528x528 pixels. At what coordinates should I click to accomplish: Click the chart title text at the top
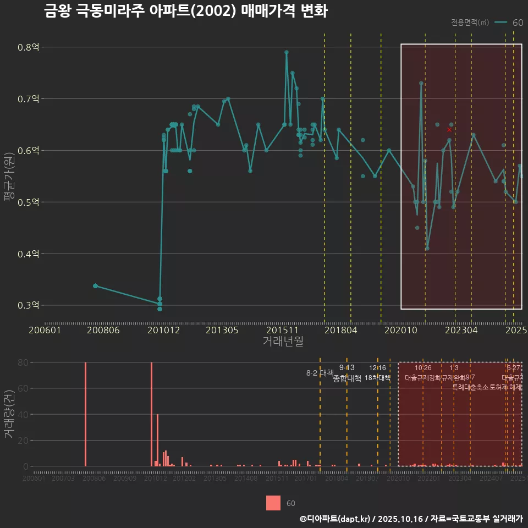pos(186,12)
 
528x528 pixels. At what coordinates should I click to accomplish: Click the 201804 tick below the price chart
pos(340,330)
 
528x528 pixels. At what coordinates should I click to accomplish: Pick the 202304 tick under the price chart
pos(460,330)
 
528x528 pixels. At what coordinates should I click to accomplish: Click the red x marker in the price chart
pos(449,130)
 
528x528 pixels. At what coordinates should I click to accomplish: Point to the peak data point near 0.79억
pos(287,52)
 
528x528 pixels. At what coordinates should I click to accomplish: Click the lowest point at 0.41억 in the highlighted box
pos(427,249)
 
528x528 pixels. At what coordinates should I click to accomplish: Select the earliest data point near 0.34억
pos(95,286)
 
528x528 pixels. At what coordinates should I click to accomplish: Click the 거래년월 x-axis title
pos(283,342)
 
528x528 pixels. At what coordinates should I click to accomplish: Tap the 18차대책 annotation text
pos(377,378)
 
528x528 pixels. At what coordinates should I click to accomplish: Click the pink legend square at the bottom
pos(273,503)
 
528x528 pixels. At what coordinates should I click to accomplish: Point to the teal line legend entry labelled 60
pos(509,23)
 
